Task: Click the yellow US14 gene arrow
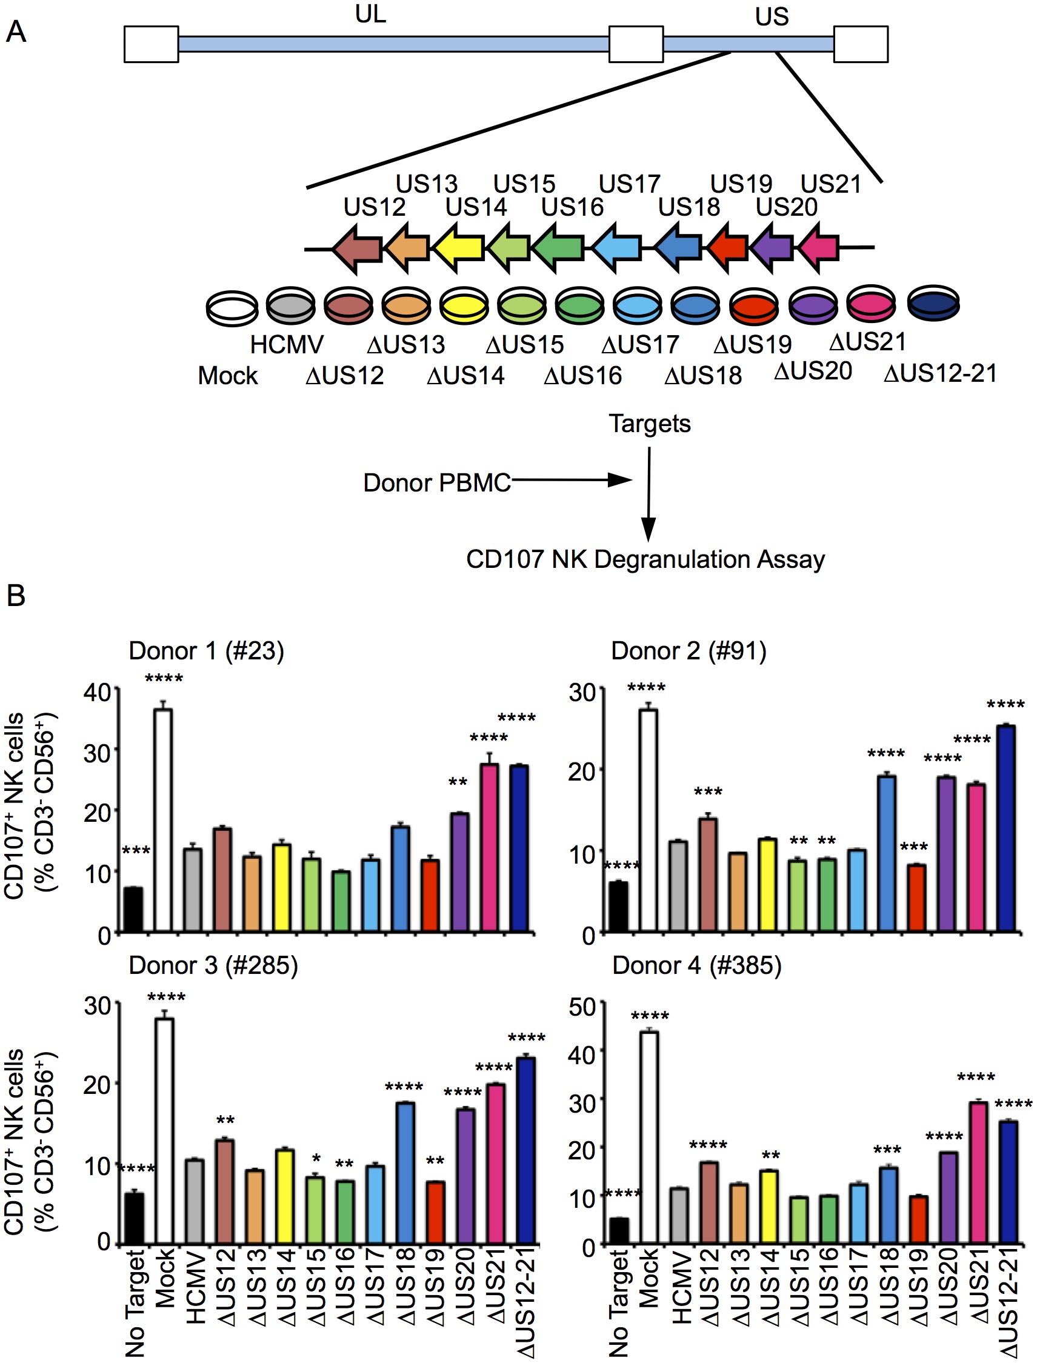tap(458, 248)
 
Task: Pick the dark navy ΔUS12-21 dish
tap(933, 303)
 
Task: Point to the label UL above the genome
tap(370, 13)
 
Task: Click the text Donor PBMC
tap(436, 483)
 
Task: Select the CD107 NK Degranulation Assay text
tap(645, 559)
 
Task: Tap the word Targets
tap(649, 424)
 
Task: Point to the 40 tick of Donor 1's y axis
tap(97, 693)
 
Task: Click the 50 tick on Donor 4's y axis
tap(582, 1007)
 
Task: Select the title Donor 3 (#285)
tap(213, 965)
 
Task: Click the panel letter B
tap(15, 596)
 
